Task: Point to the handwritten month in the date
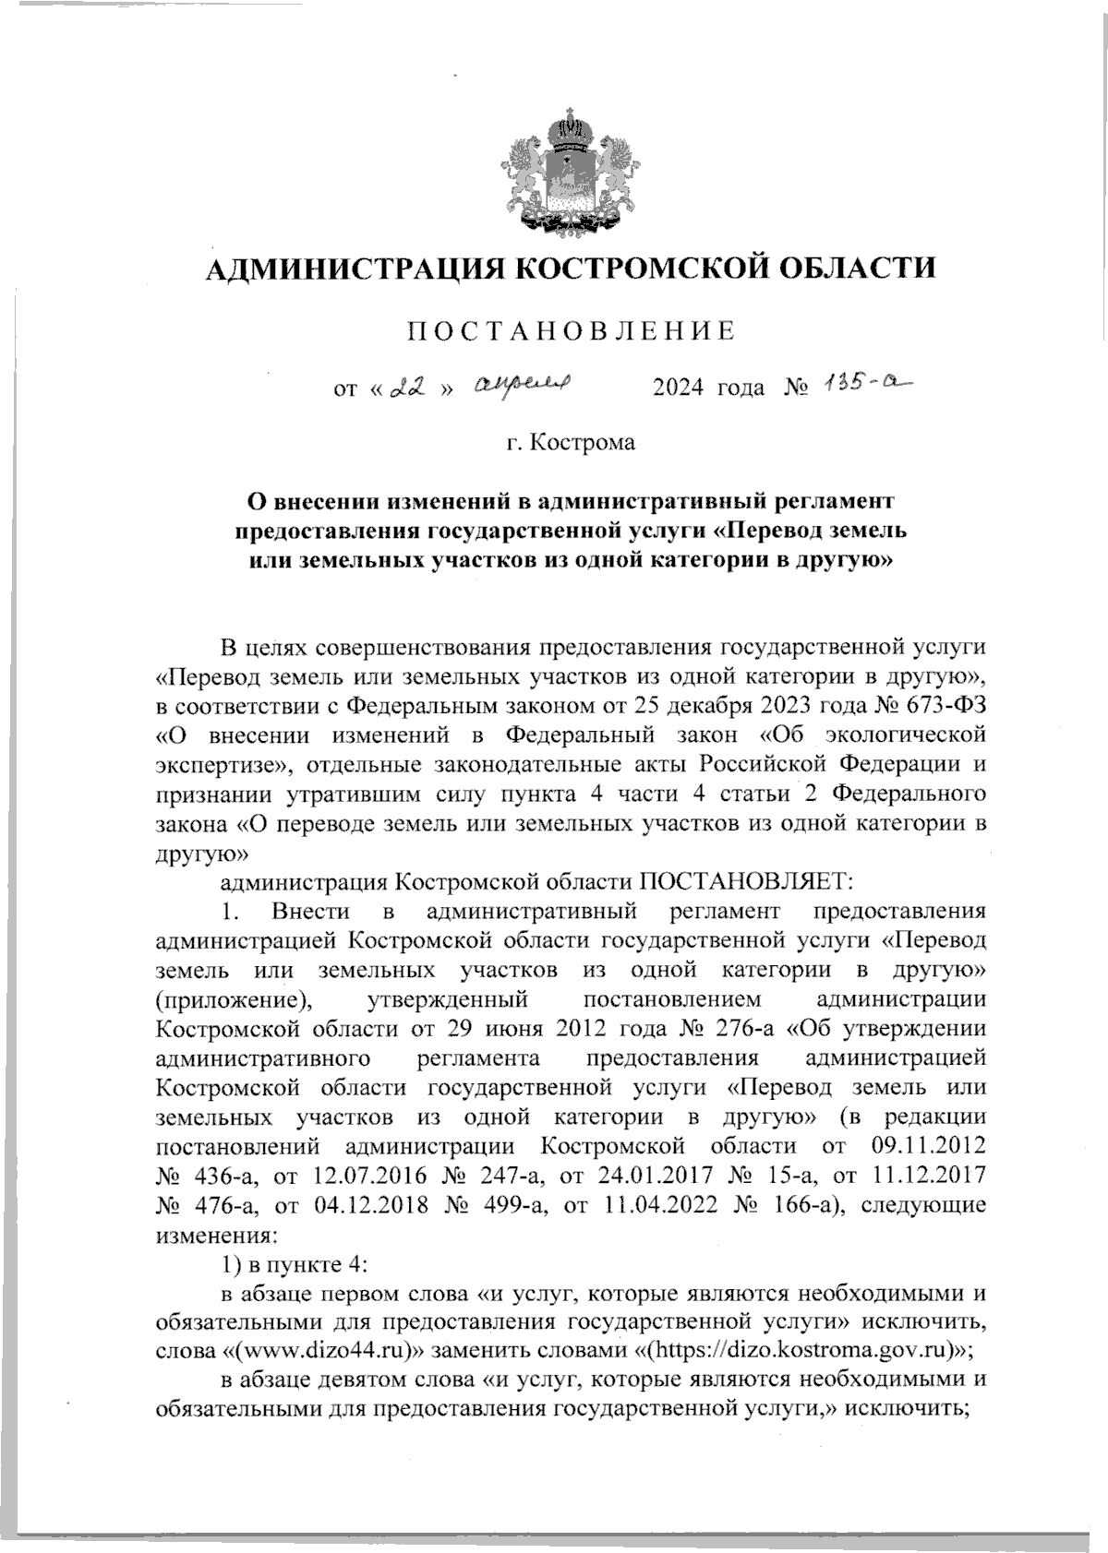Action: [x=524, y=386]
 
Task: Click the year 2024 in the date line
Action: [x=680, y=388]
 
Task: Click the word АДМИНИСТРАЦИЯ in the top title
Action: [x=352, y=269]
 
